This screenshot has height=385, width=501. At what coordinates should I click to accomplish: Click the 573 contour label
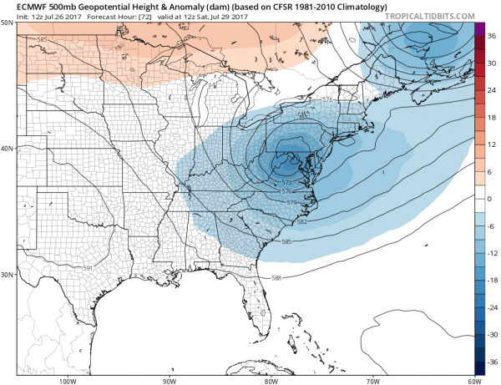pyautogui.click(x=286, y=182)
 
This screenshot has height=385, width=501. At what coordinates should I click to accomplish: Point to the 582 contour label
pyautogui.click(x=301, y=221)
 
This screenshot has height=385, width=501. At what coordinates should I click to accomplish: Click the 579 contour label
pyautogui.click(x=292, y=203)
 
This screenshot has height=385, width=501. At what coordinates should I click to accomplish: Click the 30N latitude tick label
pyautogui.click(x=8, y=274)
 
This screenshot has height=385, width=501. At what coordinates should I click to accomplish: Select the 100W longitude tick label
pyautogui.click(x=68, y=380)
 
